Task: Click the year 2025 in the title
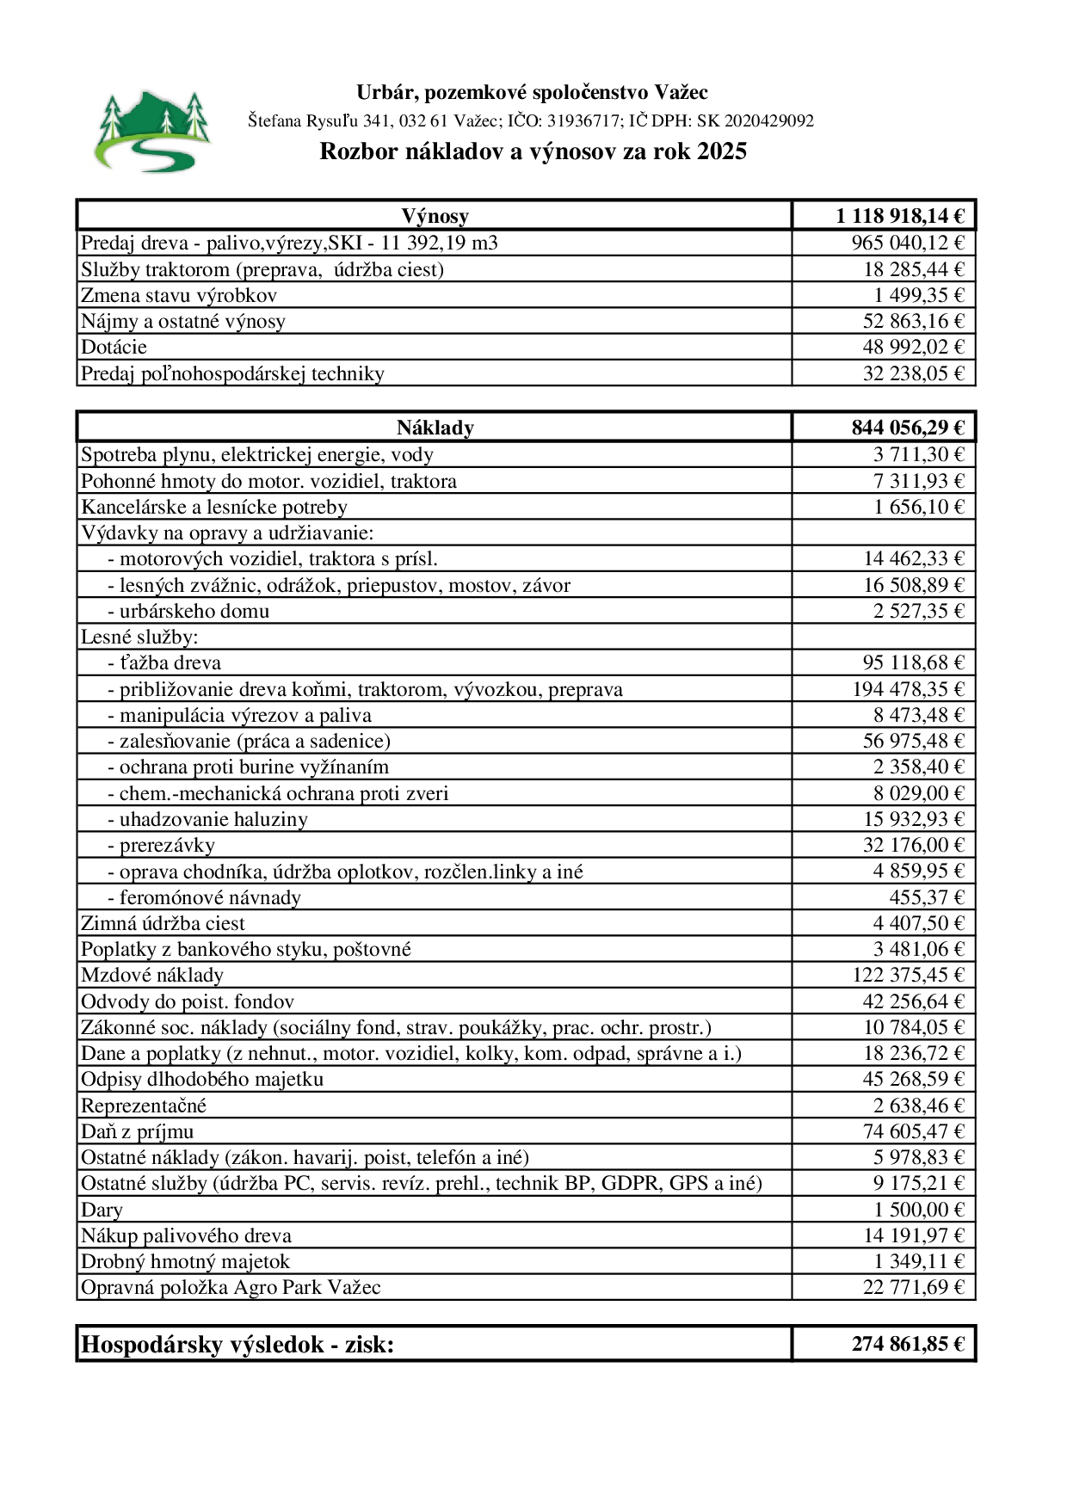click(x=722, y=151)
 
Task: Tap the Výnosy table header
click(x=435, y=216)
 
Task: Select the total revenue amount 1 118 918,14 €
click(x=899, y=216)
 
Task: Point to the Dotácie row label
click(x=114, y=348)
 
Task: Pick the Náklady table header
click(x=435, y=428)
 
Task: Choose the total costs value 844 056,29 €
click(x=908, y=428)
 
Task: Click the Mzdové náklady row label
click(x=152, y=976)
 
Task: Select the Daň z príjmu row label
click(x=137, y=1132)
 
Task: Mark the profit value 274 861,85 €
click(x=908, y=1344)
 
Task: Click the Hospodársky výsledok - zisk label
click(x=237, y=1345)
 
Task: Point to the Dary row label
click(x=102, y=1210)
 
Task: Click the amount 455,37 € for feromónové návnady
click(x=927, y=898)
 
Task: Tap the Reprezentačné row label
click(x=144, y=1106)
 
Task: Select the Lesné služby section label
click(x=139, y=637)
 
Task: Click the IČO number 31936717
click(x=583, y=121)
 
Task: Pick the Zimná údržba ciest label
click(x=163, y=924)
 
